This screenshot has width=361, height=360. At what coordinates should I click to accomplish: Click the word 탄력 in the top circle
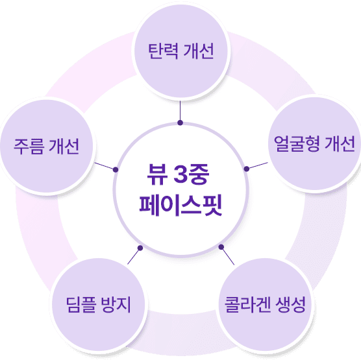(163, 51)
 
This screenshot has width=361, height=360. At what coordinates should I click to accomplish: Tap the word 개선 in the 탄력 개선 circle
(199, 51)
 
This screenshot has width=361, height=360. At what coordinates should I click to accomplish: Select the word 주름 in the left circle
(29, 146)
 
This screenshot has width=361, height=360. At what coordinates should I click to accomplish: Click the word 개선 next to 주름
(64, 146)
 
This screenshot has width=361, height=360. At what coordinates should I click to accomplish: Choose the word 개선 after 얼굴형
(340, 143)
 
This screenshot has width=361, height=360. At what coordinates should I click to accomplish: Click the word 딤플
(81, 304)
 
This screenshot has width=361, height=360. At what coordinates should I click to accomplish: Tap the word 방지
(116, 304)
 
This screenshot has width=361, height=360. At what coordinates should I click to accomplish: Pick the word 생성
(290, 304)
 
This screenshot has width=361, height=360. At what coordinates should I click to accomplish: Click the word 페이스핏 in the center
(180, 205)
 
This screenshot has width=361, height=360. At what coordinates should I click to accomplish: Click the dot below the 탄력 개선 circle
(180, 123)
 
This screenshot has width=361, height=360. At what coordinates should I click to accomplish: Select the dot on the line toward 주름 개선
(116, 170)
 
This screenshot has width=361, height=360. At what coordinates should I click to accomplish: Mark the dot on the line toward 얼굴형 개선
(247, 169)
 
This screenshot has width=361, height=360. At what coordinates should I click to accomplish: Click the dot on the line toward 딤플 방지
(140, 248)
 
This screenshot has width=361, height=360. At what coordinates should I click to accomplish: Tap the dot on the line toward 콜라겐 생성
(221, 247)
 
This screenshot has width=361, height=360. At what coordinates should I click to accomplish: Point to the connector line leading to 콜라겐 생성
(228, 256)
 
